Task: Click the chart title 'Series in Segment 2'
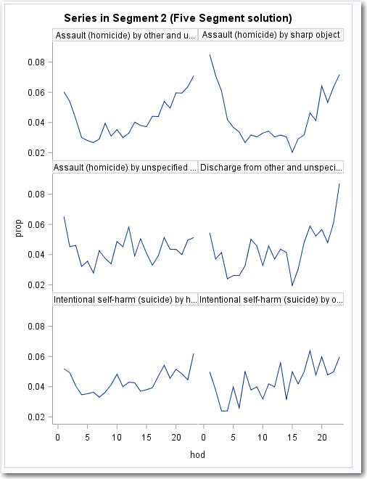(178, 17)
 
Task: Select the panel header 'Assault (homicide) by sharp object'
(271, 35)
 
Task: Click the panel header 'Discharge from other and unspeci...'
(271, 167)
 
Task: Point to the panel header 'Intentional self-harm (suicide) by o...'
(271, 299)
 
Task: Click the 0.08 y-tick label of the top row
(39, 62)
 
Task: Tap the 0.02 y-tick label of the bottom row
(39, 417)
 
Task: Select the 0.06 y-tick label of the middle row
(39, 224)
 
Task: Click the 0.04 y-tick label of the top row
(39, 123)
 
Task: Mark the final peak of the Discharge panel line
(339, 184)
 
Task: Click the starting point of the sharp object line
(210, 54)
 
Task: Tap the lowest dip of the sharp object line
(292, 152)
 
